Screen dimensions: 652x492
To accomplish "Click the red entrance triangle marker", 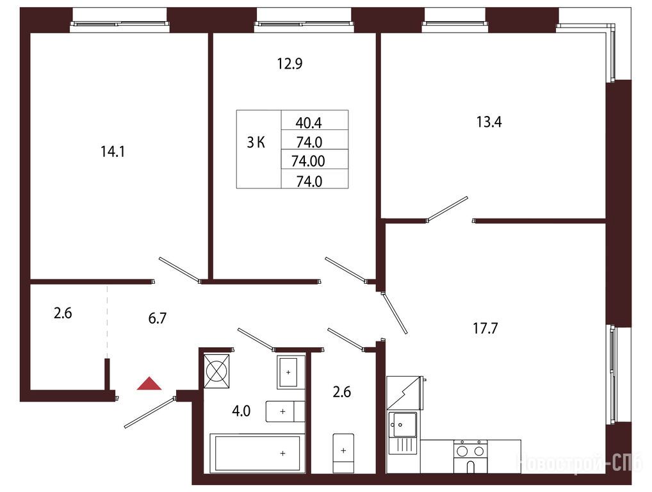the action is tap(149, 384).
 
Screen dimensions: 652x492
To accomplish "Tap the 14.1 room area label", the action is tap(113, 152).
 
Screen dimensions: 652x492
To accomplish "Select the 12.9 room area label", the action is tap(289, 63).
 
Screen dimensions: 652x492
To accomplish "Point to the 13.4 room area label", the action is tap(489, 122).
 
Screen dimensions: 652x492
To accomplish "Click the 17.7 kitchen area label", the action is tap(485, 329).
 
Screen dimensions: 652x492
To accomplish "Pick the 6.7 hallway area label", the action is tap(158, 318).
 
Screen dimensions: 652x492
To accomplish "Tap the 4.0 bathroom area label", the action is tap(241, 411).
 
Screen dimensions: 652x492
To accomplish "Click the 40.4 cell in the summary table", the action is tap(309, 123).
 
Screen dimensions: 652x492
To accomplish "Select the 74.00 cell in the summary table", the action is tap(308, 161).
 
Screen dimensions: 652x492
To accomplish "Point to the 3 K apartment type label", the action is tap(256, 143).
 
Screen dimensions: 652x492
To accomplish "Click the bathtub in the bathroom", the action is tap(257, 453).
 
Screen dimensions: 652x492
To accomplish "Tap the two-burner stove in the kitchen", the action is tap(470, 456).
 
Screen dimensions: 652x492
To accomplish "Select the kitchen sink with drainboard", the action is tap(402, 432).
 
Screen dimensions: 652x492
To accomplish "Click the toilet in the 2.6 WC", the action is tap(343, 454).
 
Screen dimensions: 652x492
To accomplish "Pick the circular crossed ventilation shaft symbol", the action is tap(216, 371).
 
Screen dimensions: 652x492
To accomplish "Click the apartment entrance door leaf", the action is tap(150, 412).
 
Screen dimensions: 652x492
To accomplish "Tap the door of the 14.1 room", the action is tap(179, 270).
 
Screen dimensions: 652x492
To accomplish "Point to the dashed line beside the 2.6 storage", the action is tap(107, 321).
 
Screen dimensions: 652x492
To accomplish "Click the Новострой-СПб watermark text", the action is tap(578, 463).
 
